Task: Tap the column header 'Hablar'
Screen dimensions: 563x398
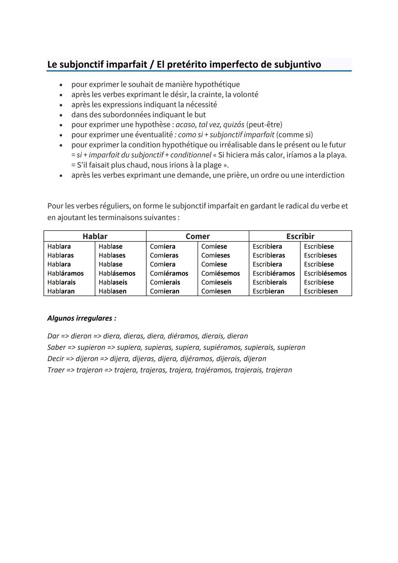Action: tap(95, 236)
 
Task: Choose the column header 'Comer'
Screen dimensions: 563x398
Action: tap(198, 236)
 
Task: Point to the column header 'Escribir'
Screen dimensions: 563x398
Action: tap(300, 236)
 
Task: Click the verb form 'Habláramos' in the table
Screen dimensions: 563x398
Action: tap(65, 274)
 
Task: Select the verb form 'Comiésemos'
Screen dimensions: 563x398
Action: tap(220, 274)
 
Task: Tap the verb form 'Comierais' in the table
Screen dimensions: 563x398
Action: tap(165, 282)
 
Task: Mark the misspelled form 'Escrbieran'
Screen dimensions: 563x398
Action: tap(268, 291)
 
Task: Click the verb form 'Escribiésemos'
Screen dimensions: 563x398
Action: tap(325, 274)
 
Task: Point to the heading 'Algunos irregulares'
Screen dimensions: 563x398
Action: tap(81, 318)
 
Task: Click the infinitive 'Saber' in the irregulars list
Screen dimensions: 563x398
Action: tap(56, 348)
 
